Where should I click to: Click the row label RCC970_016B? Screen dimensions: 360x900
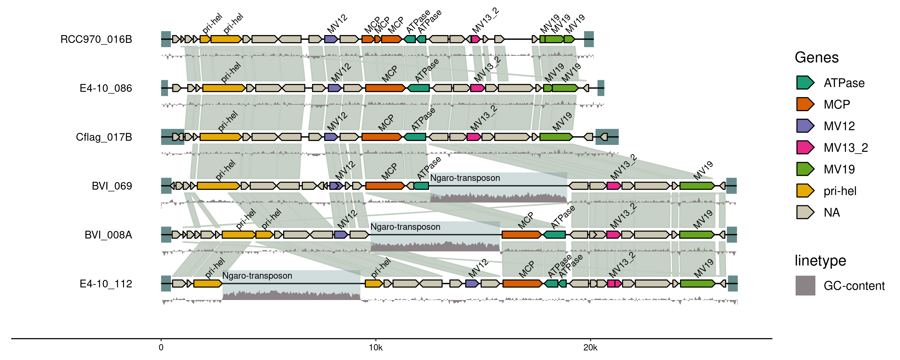(x=96, y=39)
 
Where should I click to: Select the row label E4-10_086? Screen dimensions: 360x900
(x=106, y=88)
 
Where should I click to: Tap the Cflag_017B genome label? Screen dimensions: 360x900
(x=104, y=137)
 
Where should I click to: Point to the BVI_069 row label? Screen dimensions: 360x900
(x=112, y=186)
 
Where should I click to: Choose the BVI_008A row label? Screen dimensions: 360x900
(x=108, y=235)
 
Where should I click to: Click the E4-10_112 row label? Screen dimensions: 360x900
(x=106, y=284)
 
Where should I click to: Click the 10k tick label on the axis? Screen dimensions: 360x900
(x=376, y=348)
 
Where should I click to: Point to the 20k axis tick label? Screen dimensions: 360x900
(x=590, y=348)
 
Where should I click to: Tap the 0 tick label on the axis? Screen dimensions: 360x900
(x=161, y=348)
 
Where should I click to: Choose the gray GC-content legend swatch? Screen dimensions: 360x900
(x=805, y=286)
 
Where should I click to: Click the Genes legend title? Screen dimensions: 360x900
(x=817, y=57)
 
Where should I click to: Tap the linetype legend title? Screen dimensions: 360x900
(x=820, y=261)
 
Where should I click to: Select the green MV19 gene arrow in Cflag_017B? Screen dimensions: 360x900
(x=556, y=137)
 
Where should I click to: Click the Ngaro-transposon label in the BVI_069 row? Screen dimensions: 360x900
(x=465, y=178)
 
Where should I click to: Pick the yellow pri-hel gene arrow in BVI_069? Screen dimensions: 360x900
(x=218, y=186)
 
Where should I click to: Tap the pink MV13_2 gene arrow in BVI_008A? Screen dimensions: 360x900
(x=613, y=235)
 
